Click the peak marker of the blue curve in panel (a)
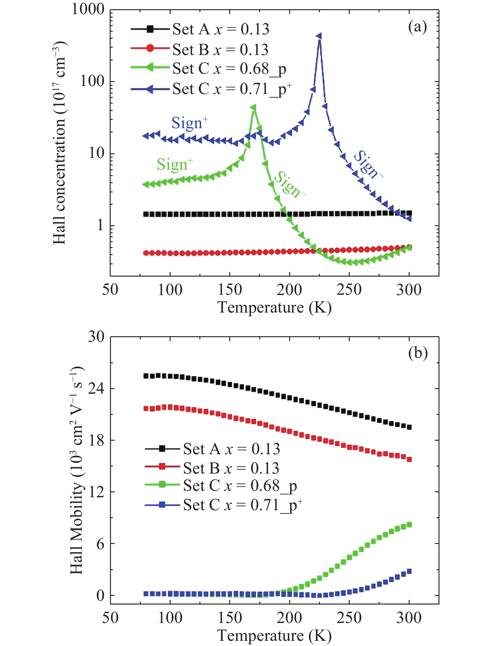319,36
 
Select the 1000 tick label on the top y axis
88,10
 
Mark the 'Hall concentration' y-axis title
60,143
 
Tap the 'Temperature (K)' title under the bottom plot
274,636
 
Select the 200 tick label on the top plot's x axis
289,290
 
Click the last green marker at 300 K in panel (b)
409,525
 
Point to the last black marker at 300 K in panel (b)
409,427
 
